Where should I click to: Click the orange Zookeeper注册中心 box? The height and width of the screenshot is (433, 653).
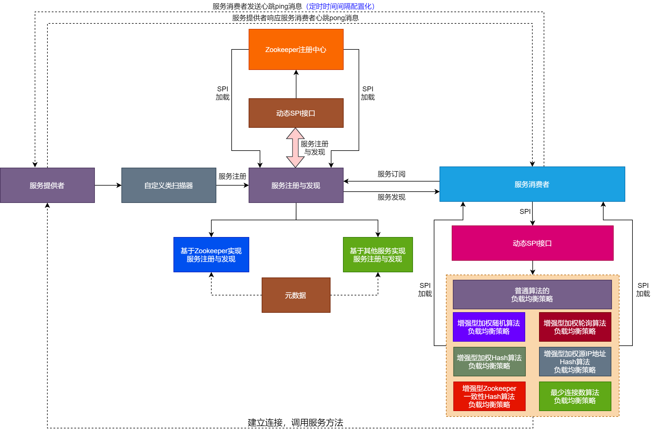point(296,49)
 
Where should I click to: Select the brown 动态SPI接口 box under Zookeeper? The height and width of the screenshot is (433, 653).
point(296,113)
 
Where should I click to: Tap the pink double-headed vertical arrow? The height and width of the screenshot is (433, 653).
point(295,148)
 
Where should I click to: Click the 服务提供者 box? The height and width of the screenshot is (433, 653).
point(47,185)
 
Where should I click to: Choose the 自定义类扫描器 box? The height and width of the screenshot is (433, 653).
point(169,185)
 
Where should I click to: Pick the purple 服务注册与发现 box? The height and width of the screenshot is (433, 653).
point(296,185)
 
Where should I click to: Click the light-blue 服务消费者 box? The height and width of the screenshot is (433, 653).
point(532,184)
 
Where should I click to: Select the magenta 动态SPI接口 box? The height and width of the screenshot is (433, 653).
point(532,243)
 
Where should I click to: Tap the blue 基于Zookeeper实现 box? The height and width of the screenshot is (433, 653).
point(211,255)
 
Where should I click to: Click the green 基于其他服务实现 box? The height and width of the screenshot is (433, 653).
point(378,255)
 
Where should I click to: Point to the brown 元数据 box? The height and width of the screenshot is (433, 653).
point(296,295)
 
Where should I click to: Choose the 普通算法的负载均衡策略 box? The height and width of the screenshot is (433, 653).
point(532,295)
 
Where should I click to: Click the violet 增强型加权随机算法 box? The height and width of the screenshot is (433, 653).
point(489,327)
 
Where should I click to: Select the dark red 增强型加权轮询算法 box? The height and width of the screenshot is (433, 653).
point(575,327)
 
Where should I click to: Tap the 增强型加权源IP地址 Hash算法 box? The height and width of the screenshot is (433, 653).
point(575,362)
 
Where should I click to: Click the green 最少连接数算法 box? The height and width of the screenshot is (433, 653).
point(575,396)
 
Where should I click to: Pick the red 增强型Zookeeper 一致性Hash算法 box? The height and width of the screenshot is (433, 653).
point(489,396)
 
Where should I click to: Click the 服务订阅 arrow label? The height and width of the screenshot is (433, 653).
point(391,174)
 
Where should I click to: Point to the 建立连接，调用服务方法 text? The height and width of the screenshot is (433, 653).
point(295,422)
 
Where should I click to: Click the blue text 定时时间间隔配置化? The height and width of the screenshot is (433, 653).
point(340,6)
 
